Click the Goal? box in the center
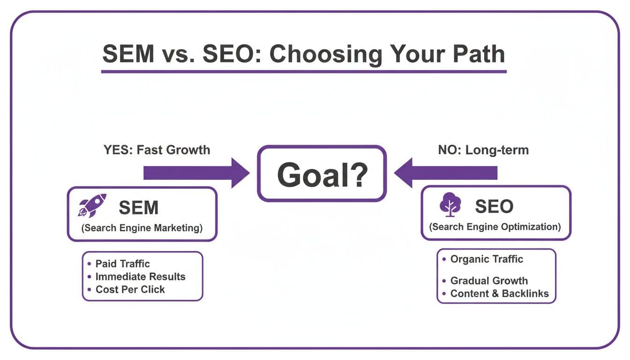coord(322,173)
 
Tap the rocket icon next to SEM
coord(92,206)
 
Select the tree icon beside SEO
coord(450,205)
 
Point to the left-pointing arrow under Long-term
coord(446,173)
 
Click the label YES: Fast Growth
coord(157,150)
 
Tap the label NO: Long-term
coord(483,150)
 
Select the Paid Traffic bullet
coord(122,264)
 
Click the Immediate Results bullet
coord(140,277)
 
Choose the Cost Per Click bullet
coord(130,289)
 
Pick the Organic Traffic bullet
coord(486,259)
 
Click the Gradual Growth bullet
coord(488,281)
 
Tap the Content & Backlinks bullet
coord(499,294)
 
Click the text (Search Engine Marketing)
coord(142,228)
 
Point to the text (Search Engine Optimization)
coord(495,227)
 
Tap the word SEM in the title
coord(128,54)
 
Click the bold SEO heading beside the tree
coord(494,206)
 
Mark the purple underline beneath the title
coord(304,72)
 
